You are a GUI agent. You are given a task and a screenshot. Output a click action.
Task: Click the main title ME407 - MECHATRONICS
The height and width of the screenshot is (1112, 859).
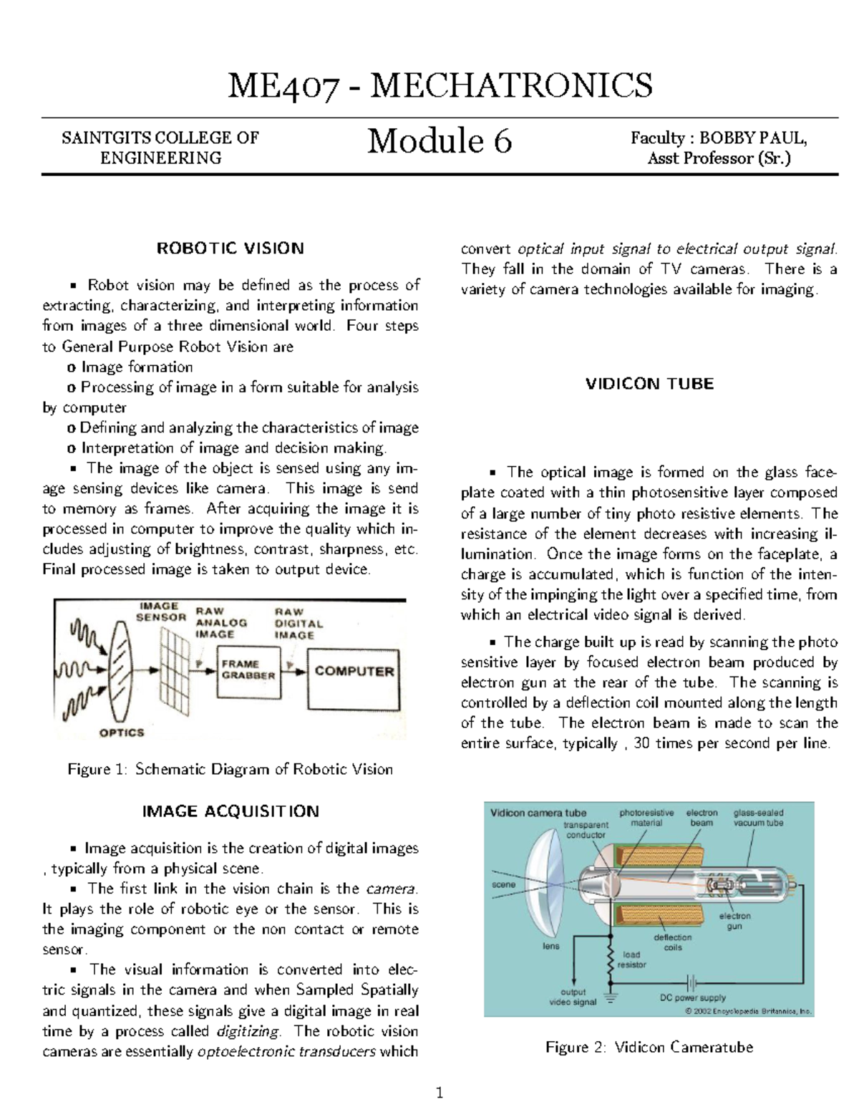pyautogui.click(x=440, y=86)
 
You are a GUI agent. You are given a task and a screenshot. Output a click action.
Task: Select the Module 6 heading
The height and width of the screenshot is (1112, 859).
pyautogui.click(x=440, y=140)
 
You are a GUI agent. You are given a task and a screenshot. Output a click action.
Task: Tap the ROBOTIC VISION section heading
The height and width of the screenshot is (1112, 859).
pyautogui.click(x=230, y=248)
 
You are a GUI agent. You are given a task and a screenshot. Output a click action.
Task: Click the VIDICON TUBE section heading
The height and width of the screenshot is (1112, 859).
pyautogui.click(x=649, y=384)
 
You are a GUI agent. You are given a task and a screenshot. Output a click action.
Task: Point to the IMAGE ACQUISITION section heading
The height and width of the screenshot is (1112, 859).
pyautogui.click(x=230, y=811)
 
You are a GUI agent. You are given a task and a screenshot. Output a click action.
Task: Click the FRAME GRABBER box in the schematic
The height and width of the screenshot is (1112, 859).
pyautogui.click(x=248, y=670)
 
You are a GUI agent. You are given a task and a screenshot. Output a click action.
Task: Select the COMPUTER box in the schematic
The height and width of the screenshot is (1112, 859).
pyautogui.click(x=354, y=672)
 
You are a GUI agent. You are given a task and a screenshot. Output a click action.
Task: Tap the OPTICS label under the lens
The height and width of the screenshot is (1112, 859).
pyautogui.click(x=121, y=733)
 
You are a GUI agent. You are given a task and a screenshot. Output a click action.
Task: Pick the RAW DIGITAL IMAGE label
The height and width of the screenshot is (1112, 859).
pyautogui.click(x=299, y=624)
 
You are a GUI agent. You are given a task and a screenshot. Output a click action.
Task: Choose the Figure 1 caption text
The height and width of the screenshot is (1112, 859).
pyautogui.click(x=230, y=770)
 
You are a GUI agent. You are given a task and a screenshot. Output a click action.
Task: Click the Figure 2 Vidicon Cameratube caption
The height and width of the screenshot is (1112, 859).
pyautogui.click(x=649, y=1047)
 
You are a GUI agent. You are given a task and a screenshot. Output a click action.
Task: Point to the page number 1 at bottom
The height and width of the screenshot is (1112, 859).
pyautogui.click(x=440, y=1093)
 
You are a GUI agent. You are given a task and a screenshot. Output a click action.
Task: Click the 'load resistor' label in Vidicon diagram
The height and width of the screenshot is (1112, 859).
pyautogui.click(x=634, y=959)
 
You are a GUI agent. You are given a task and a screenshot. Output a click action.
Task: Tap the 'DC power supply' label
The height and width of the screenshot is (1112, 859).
pyautogui.click(x=692, y=997)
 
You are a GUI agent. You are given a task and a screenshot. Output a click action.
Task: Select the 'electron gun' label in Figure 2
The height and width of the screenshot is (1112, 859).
pyautogui.click(x=734, y=921)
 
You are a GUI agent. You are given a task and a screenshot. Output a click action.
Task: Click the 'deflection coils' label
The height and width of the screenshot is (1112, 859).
pyautogui.click(x=672, y=942)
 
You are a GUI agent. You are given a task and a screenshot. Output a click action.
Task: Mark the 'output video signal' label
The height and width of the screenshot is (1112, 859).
pyautogui.click(x=573, y=997)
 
